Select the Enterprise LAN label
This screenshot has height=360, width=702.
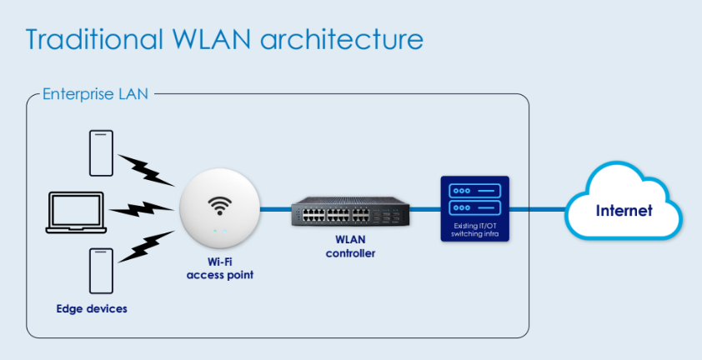tap(95, 93)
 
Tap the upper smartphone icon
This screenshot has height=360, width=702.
tap(102, 152)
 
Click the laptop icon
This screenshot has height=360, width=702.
tap(76, 211)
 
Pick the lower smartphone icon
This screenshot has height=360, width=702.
tap(102, 269)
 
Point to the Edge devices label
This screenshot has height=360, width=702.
tap(92, 309)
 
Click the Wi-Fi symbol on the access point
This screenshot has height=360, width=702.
tap(221, 205)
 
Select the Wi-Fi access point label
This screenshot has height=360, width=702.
tap(220, 269)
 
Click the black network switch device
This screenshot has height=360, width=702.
tap(350, 213)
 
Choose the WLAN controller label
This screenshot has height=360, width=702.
tap(350, 247)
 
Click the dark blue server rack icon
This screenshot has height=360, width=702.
tap(474, 198)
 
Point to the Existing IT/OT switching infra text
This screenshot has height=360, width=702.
tap(474, 230)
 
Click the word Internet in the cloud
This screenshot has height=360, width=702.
tap(624, 211)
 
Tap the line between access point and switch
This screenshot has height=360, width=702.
tap(276, 210)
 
